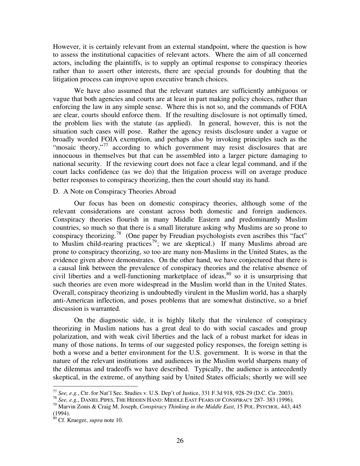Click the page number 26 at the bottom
(x=180, y=441)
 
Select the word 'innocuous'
(x=67, y=156)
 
